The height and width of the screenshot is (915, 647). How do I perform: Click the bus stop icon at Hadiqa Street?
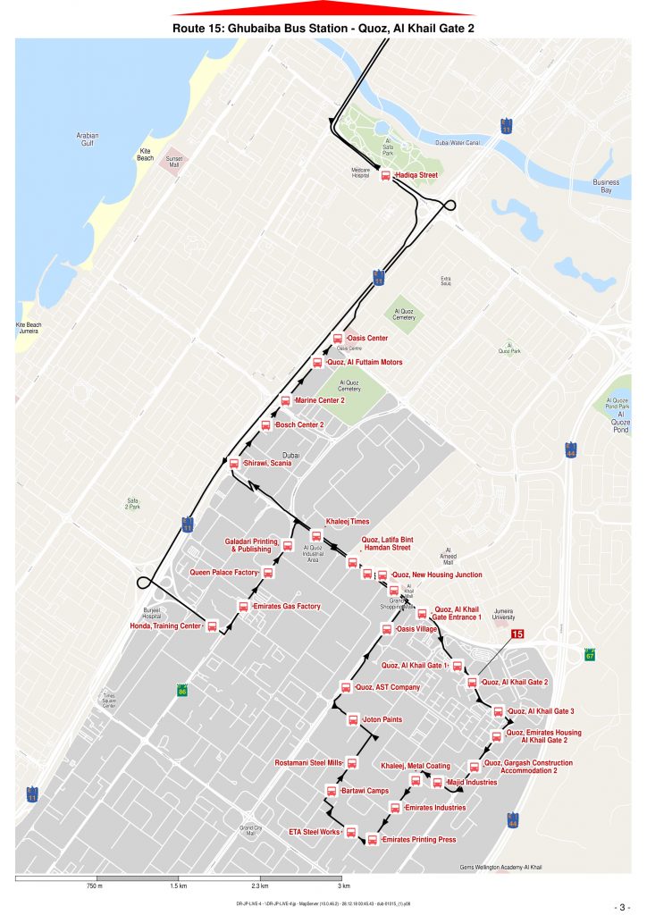point(385,176)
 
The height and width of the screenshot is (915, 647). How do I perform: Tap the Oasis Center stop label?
point(366,339)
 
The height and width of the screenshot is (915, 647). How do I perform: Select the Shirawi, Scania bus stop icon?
point(234,464)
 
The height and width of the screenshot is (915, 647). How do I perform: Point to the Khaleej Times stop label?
point(347,522)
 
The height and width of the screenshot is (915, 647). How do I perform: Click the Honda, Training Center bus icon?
point(213,626)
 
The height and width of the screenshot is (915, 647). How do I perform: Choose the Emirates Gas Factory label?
point(287,607)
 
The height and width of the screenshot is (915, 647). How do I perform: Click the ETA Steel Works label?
point(315,832)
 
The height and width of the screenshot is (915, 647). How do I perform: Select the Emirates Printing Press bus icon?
point(372,840)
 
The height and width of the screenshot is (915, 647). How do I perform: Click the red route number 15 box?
point(517,634)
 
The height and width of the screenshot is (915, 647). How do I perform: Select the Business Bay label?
point(606,186)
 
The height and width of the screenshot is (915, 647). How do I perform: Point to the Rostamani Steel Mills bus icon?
point(351,763)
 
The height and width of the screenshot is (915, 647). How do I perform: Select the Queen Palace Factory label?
point(223,572)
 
